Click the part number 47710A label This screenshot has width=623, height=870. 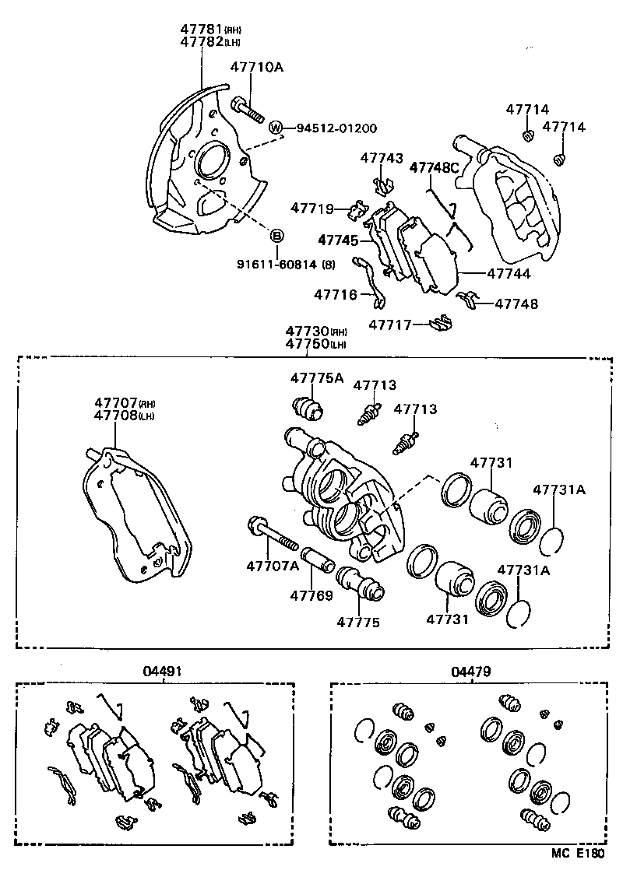coord(255,68)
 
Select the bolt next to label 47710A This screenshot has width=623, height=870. coord(248,108)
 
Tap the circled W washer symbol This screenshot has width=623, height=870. coord(275,128)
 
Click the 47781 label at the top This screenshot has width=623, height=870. coord(201,29)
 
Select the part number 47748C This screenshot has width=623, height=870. coord(435,167)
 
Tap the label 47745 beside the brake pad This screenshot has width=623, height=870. coord(338,239)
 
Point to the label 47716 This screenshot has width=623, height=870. coord(336,294)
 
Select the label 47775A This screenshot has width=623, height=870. coord(317,378)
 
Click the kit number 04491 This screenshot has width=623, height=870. coord(163,670)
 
